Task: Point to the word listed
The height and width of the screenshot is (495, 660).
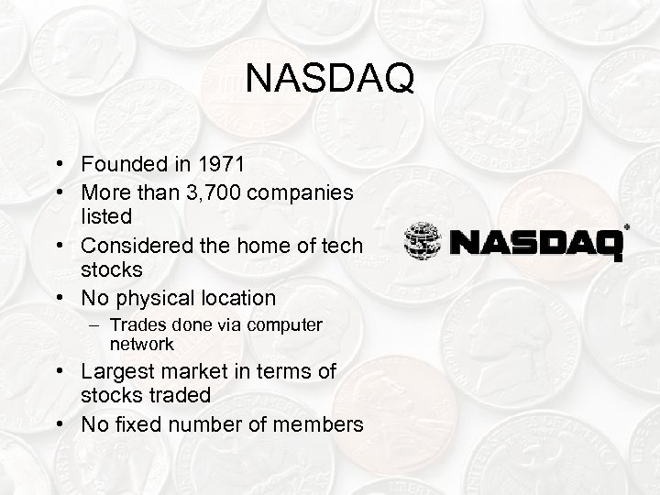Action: [x=106, y=216]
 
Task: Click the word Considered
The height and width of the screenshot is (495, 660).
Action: [x=137, y=246]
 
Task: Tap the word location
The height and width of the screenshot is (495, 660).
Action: [x=234, y=298]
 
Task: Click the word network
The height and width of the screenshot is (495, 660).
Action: [x=141, y=344]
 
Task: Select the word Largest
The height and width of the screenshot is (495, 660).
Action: [x=117, y=371]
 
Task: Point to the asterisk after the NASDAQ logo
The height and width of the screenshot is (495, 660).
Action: [x=627, y=225]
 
